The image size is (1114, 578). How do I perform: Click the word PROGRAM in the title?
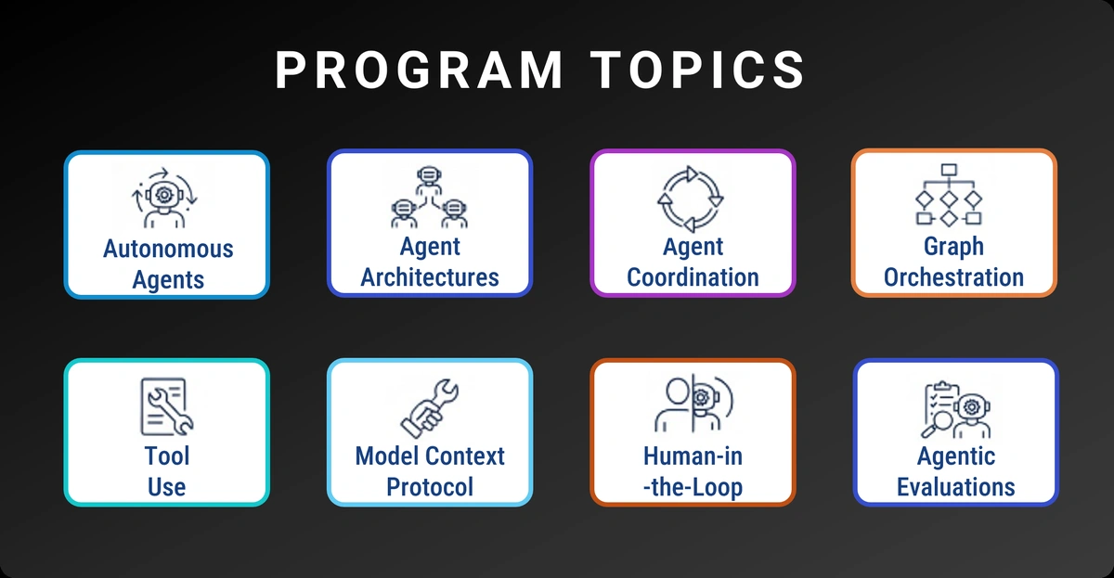tap(419, 71)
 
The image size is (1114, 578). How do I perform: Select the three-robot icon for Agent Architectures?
tap(427, 197)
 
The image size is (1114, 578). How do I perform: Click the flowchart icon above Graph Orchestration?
tap(949, 195)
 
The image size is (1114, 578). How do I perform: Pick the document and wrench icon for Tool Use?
tap(166, 406)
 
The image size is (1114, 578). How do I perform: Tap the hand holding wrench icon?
tap(428, 406)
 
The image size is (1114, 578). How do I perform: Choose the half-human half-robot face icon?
tap(693, 406)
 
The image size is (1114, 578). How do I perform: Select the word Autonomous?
tap(168, 250)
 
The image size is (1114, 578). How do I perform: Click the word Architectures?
tap(430, 277)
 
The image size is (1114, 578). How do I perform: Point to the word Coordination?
tap(693, 277)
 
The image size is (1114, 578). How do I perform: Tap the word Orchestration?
tap(953, 277)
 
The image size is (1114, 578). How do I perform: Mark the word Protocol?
tap(430, 486)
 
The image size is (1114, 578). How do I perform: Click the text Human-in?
tap(693, 456)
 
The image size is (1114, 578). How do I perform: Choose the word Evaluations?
tap(955, 486)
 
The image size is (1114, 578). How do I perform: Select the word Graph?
tap(953, 248)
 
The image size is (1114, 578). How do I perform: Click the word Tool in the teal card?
tap(167, 456)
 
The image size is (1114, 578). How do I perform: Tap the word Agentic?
tap(955, 456)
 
